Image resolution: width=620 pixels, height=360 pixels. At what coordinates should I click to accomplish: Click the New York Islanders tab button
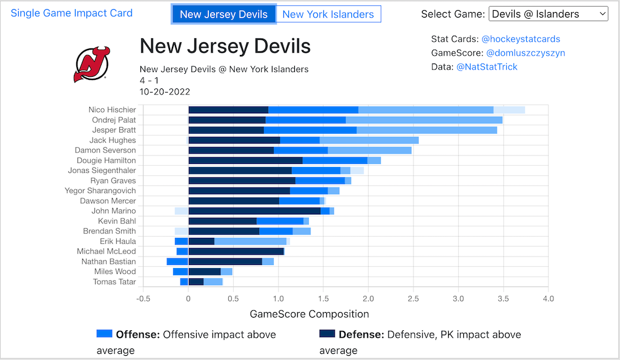coord(328,14)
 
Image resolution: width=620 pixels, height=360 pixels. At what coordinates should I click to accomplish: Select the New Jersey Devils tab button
coord(224,14)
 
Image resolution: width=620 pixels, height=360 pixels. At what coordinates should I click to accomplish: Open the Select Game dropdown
coord(548,14)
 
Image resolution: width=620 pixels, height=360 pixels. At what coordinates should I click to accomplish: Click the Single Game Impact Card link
coord(71,13)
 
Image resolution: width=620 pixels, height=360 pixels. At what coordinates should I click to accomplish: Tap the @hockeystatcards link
coord(521,39)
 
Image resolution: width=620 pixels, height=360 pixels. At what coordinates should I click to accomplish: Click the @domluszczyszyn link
coord(526,53)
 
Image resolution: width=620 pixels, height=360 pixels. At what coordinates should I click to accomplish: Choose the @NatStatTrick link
coord(487,67)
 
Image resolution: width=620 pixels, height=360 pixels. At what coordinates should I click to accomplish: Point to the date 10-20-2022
coord(165,92)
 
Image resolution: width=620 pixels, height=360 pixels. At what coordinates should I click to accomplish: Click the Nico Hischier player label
coord(112,110)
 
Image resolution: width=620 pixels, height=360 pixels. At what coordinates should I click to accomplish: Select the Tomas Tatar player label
coord(114,281)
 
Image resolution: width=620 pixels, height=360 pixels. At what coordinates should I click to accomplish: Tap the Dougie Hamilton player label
coord(106,160)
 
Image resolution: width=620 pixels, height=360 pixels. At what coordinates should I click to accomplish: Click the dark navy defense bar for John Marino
coord(254,211)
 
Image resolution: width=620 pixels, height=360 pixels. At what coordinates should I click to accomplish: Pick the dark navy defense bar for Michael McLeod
coord(236,251)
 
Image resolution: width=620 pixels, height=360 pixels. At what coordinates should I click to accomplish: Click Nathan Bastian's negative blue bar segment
coord(177,261)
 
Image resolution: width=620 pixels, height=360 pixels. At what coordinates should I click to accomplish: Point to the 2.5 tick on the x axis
coord(414,298)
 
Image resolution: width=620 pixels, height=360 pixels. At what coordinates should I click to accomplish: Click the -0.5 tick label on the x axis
coord(143,298)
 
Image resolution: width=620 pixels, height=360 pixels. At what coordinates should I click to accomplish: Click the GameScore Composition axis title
coord(309,314)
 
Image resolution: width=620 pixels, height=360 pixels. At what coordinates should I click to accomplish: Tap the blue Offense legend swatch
coord(104,333)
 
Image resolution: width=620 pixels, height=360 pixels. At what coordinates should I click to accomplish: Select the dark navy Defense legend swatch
coord(327,333)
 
